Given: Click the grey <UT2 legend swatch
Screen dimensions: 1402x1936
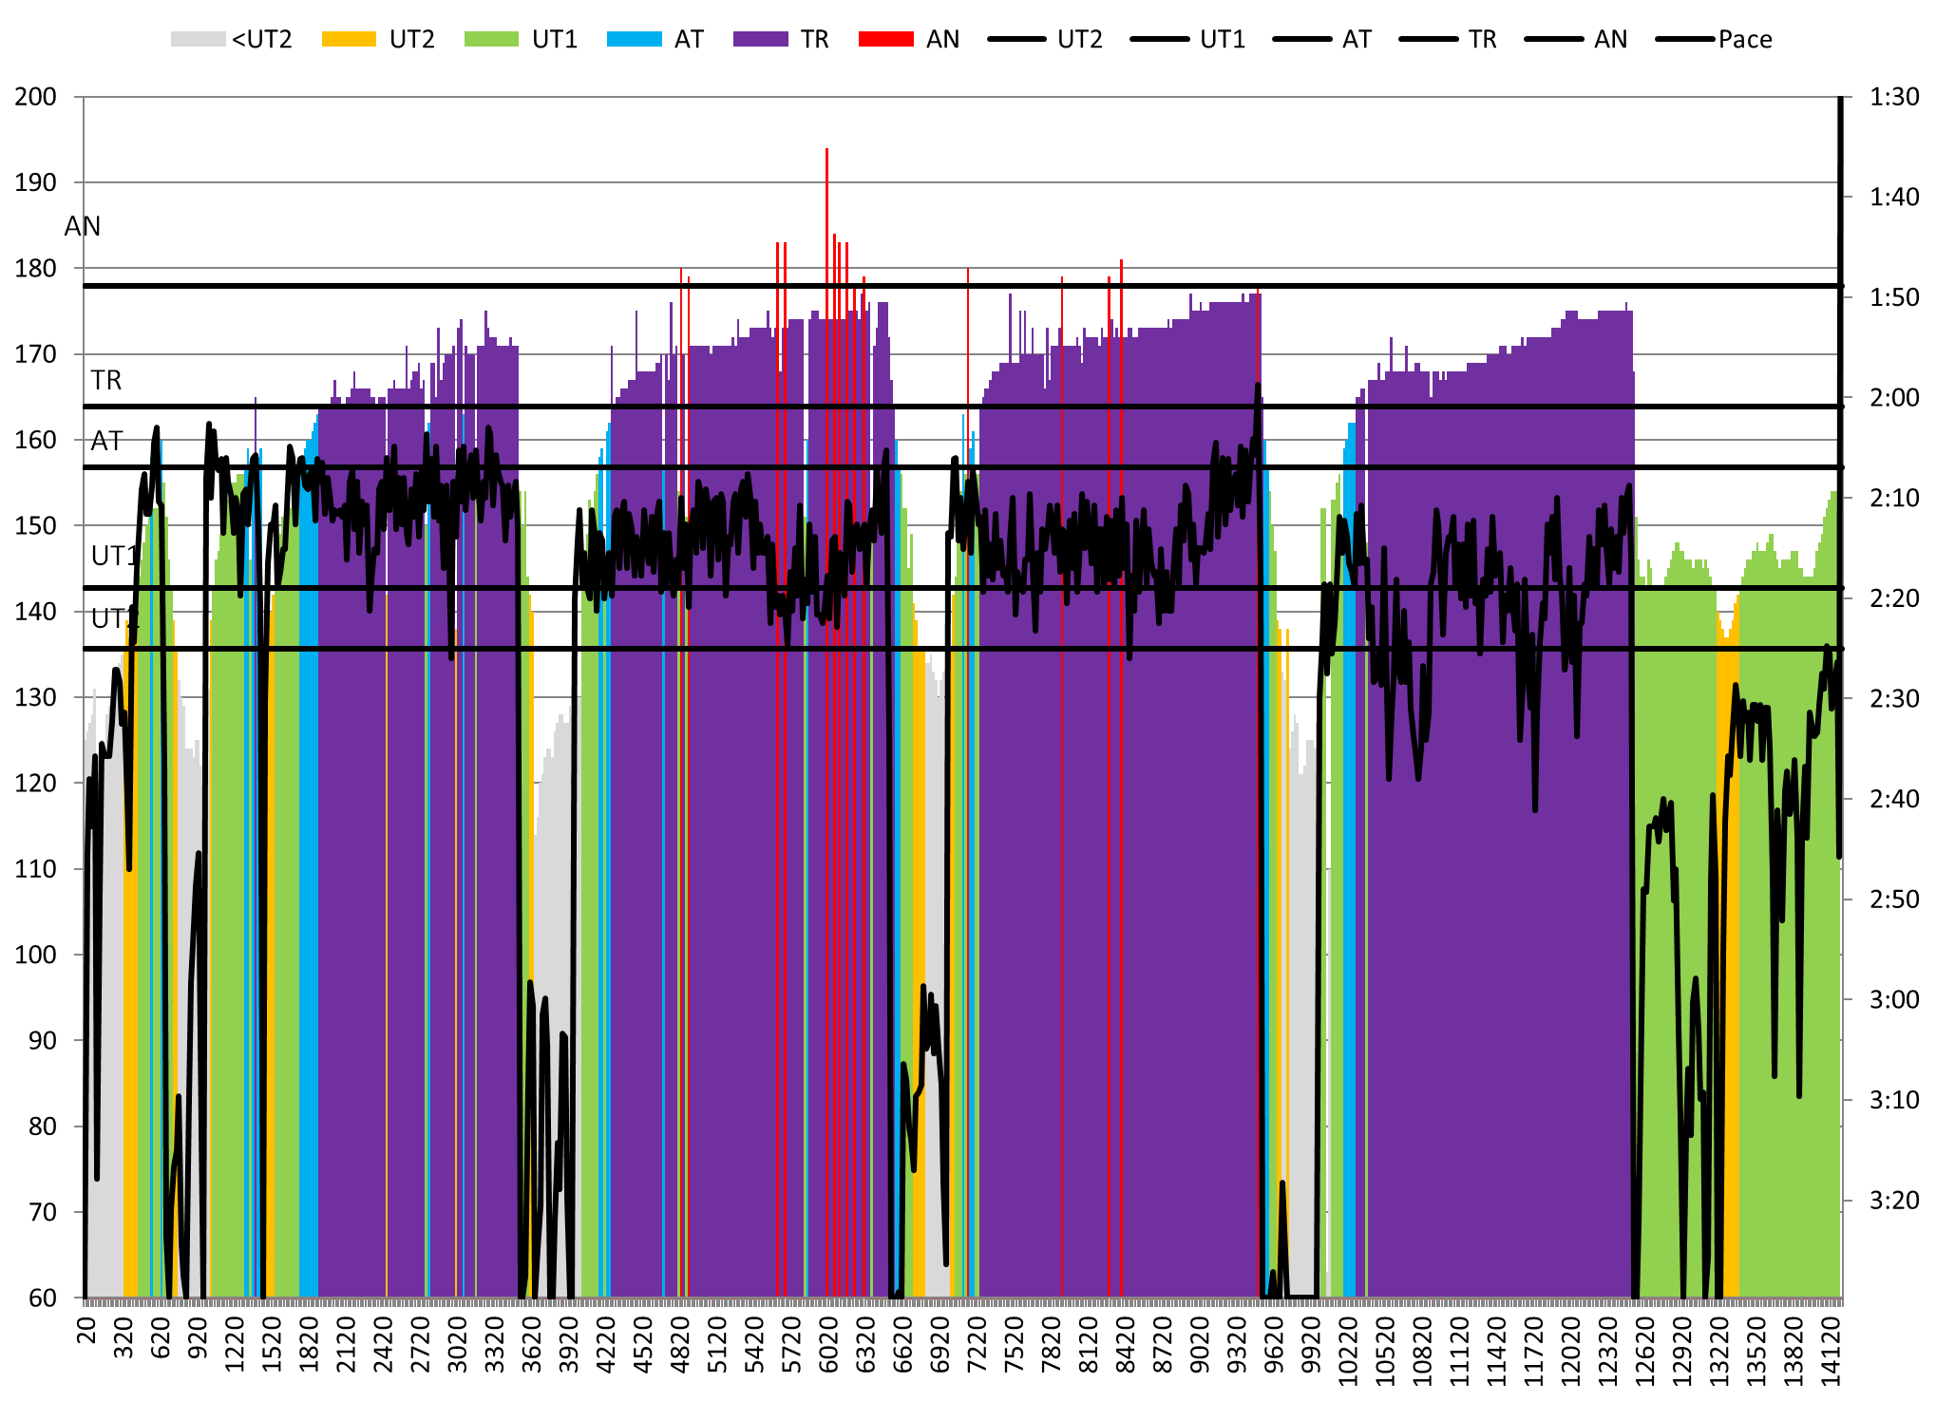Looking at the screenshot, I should pos(198,39).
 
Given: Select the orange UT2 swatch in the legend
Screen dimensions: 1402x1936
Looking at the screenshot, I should pos(349,39).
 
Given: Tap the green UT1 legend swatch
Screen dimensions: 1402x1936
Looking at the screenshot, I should pos(491,39).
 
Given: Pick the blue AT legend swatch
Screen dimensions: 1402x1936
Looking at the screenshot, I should pos(634,39).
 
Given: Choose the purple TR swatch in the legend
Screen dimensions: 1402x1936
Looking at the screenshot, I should pos(760,39).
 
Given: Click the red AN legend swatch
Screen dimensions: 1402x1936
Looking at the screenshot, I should pos(885,39).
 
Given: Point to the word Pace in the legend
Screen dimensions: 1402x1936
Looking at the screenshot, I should pos(1745,39).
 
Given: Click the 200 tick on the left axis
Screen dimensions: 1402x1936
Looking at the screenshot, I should pos(35,97).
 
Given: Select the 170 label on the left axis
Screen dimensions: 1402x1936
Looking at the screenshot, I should pos(35,354).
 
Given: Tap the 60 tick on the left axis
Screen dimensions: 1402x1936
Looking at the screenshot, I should pos(43,1298).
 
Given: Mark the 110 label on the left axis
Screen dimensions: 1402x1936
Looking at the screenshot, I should pos(35,869).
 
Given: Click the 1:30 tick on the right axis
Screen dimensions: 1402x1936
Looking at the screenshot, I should pos(1893,97).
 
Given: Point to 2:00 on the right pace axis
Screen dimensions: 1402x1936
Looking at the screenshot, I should pos(1893,398).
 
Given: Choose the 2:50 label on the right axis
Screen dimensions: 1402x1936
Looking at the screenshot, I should pos(1893,899).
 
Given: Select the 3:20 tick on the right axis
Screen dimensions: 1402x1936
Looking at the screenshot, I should pos(1893,1201).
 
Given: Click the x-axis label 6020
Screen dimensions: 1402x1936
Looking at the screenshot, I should pos(829,1345).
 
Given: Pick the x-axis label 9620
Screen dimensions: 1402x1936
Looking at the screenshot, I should pos(1274,1345).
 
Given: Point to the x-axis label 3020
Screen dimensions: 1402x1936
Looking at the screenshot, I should pos(458,1345).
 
